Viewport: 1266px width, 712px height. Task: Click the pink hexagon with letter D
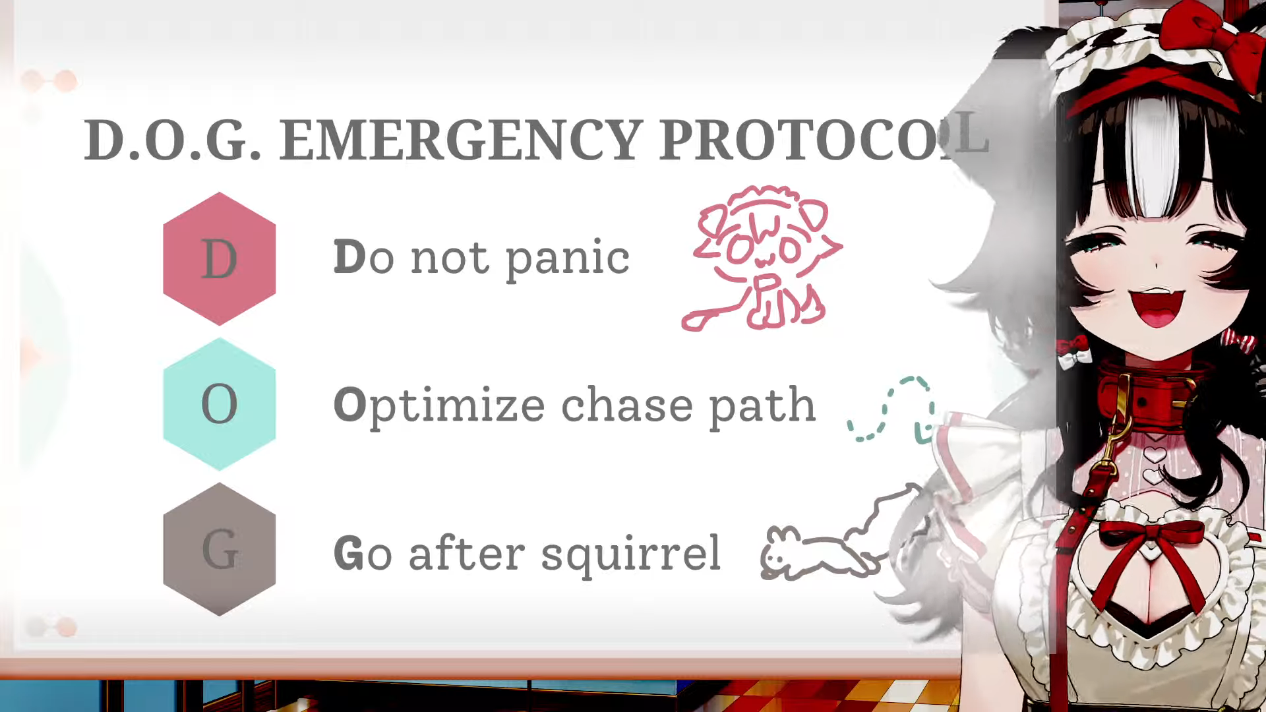(220, 258)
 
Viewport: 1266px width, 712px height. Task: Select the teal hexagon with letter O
(220, 404)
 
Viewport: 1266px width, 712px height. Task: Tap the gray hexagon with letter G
(220, 549)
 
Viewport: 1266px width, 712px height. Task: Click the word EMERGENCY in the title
(461, 140)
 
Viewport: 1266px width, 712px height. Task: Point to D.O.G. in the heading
(172, 140)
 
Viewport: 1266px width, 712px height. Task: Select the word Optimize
(439, 405)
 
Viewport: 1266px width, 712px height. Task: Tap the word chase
(627, 405)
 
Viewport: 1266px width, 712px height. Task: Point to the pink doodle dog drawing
(762, 258)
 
